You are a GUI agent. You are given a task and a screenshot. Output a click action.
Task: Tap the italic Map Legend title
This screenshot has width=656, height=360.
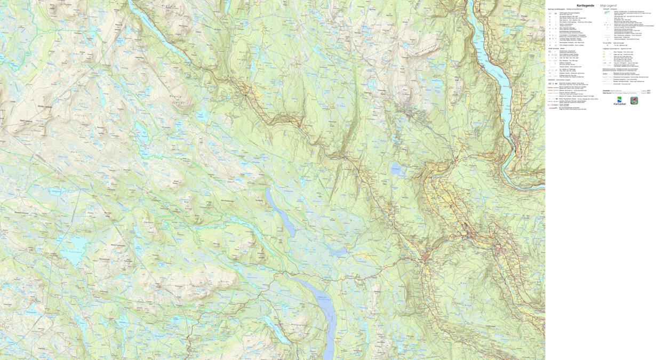[x=608, y=5]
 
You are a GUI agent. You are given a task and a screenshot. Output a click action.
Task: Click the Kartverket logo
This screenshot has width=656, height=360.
[x=619, y=101]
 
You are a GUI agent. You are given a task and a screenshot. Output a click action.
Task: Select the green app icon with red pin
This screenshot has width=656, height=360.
[x=634, y=100]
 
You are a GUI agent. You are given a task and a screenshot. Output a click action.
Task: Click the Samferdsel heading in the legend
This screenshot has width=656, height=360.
[x=555, y=79]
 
